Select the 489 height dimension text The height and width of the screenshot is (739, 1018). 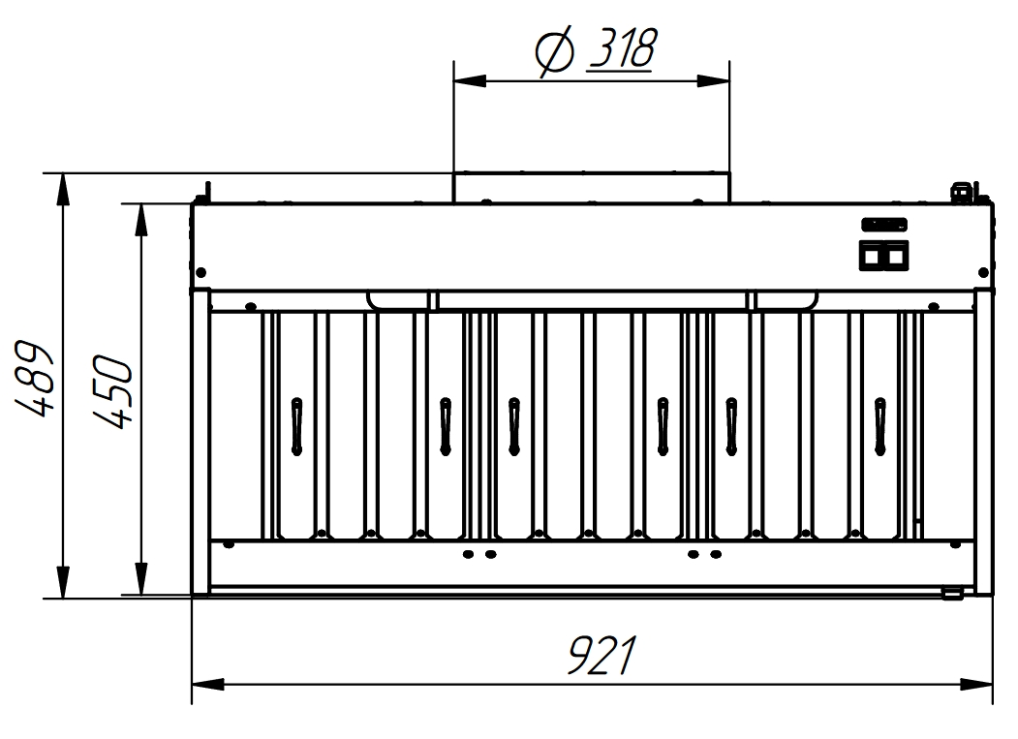[35, 377]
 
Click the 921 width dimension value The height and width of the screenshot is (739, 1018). [602, 656]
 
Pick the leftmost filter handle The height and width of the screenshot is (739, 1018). [296, 425]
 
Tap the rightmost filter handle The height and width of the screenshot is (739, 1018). [879, 425]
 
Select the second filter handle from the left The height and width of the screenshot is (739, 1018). [446, 425]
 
